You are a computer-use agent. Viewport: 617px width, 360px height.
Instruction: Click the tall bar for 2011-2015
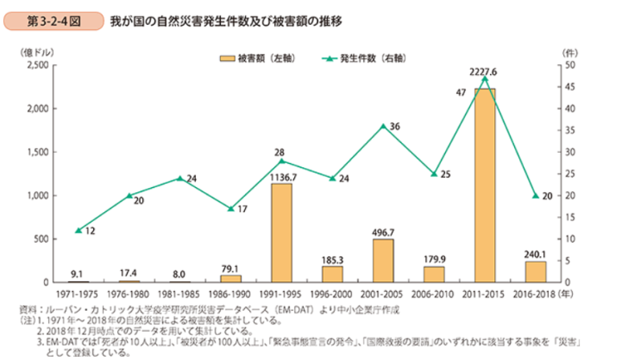click(x=484, y=186)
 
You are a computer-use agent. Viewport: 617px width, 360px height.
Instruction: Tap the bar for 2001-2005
click(x=383, y=260)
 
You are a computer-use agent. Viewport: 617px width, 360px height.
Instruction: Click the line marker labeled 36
click(x=382, y=125)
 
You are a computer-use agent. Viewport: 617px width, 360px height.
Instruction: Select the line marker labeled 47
click(x=484, y=78)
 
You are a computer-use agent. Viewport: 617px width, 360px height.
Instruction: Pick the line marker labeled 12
click(x=78, y=230)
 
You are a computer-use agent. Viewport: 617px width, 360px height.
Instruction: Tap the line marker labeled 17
click(x=231, y=208)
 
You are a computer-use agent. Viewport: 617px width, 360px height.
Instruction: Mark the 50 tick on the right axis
click(x=569, y=65)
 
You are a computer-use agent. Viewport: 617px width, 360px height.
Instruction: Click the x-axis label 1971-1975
click(x=78, y=294)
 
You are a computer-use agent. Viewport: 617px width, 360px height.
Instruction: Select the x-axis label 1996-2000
click(x=332, y=294)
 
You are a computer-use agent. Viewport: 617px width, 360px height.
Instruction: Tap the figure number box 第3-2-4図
click(x=54, y=22)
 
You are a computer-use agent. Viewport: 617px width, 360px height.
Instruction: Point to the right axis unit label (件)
click(x=569, y=51)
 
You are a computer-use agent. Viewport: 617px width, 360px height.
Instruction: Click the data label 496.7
click(x=383, y=231)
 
